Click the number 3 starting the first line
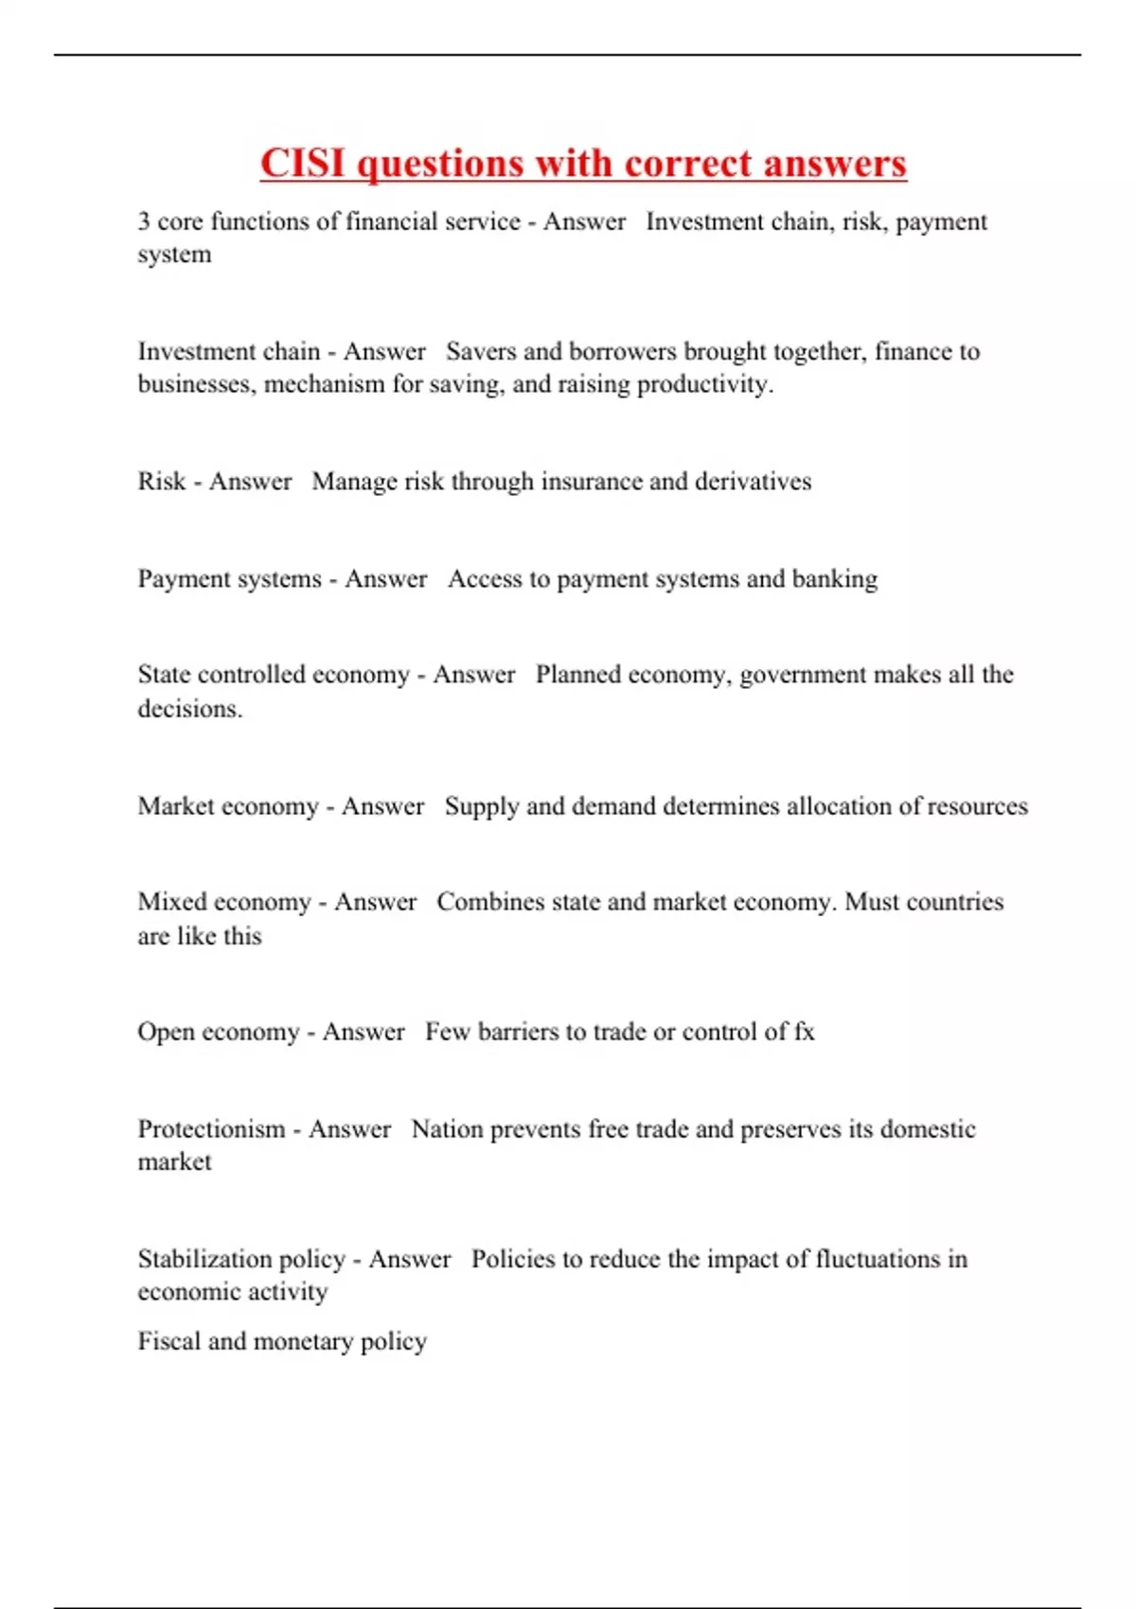[144, 221]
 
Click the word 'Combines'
[490, 902]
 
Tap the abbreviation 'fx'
[804, 1032]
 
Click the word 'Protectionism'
[211, 1129]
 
